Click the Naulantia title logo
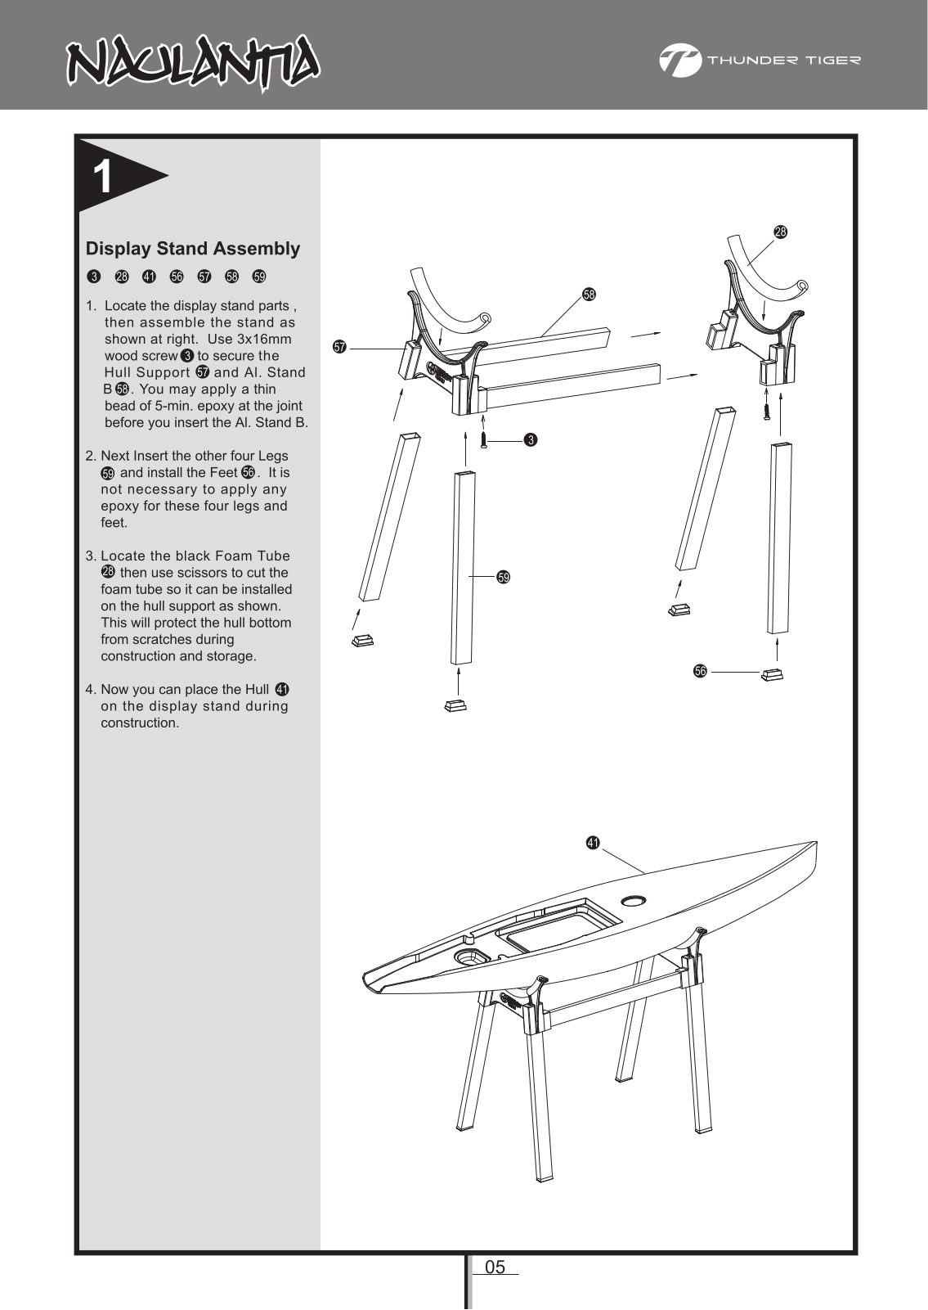[193, 61]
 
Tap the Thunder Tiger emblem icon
[679, 61]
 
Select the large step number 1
[103, 178]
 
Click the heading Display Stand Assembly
[193, 248]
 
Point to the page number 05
[495, 1267]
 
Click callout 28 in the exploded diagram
[780, 232]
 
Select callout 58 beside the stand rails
[588, 294]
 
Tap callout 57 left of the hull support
[339, 348]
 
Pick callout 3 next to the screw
[530, 441]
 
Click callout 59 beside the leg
[504, 578]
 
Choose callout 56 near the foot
[700, 672]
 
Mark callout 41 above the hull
[593, 842]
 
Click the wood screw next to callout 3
[485, 439]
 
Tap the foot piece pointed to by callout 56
[772, 673]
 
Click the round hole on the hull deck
[634, 901]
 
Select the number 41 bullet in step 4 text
[282, 689]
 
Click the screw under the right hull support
[767, 411]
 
